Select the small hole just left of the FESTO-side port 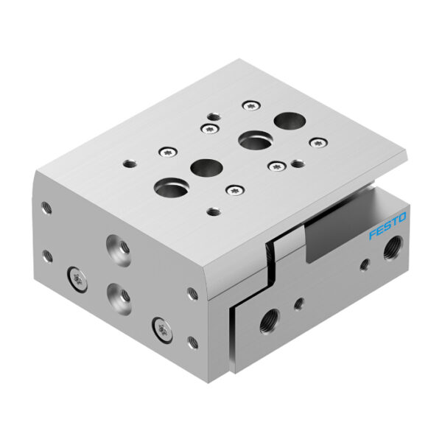point(363,263)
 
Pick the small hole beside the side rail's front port point(298,301)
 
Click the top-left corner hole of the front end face point(47,208)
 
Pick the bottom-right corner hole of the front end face point(192,342)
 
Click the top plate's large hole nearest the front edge point(166,188)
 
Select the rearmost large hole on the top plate point(285,120)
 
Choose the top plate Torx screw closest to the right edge point(317,142)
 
